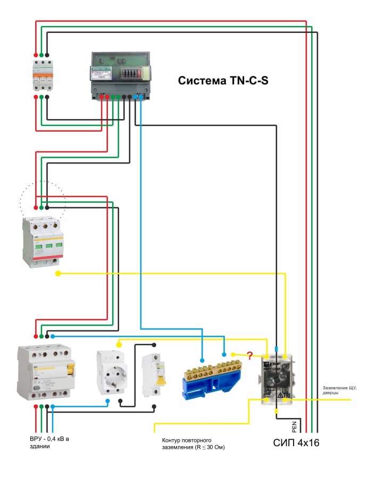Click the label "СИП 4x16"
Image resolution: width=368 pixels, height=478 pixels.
point(296,442)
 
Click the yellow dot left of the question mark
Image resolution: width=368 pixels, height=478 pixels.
point(233,354)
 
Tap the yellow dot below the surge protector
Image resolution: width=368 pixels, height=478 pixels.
point(58,274)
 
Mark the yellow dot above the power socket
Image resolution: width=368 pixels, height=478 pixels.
point(119,344)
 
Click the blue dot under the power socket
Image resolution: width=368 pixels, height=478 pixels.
point(107,401)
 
